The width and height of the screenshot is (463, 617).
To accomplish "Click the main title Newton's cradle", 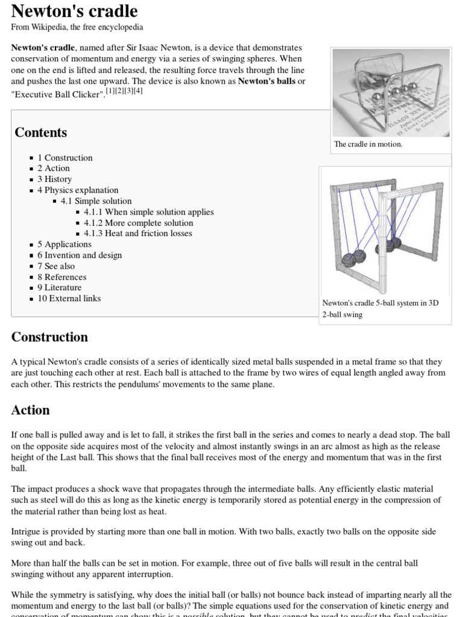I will [x=75, y=11].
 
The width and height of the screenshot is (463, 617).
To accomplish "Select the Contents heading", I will [x=40, y=133].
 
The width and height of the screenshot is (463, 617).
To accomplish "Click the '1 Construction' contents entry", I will [x=65, y=158].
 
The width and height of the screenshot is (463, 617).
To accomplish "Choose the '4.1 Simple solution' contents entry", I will [x=96, y=201].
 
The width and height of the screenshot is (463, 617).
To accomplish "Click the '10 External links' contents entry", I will [x=69, y=299].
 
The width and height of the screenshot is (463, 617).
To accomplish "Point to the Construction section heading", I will [x=49, y=337].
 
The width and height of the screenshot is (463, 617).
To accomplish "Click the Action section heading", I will [x=30, y=410].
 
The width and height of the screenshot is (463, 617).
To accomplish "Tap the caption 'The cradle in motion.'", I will [x=368, y=145].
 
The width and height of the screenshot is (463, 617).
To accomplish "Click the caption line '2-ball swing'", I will [x=342, y=315].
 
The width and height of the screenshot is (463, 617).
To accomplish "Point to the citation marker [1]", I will [x=110, y=91].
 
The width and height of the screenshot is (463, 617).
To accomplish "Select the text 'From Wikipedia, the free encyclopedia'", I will [x=77, y=27].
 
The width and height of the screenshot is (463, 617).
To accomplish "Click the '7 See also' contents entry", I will [x=56, y=266].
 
